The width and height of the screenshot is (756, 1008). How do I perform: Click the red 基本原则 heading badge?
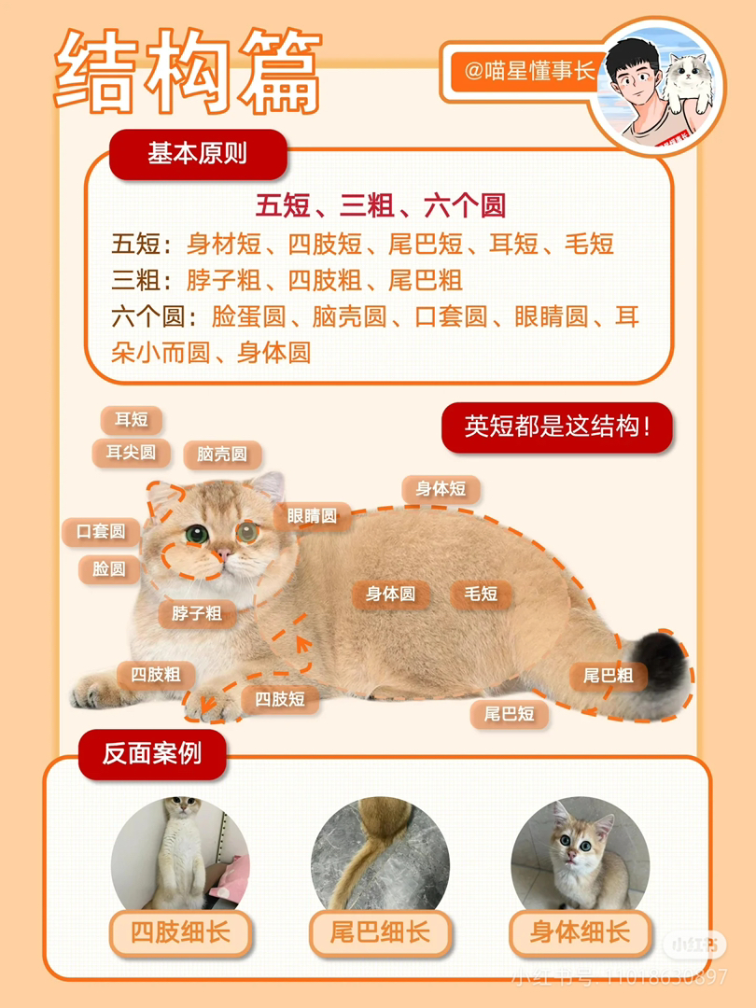coord(198,154)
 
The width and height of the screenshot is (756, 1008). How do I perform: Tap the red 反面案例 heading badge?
coord(152,754)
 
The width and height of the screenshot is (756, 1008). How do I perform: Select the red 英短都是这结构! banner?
coord(556,427)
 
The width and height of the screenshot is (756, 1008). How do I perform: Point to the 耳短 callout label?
coord(132,420)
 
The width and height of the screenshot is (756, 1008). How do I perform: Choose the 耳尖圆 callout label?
coord(132,453)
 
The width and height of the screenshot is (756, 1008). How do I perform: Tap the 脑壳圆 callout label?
coord(222,455)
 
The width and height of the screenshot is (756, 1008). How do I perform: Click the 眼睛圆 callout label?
coord(312,516)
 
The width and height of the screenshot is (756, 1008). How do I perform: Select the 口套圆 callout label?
coord(101,532)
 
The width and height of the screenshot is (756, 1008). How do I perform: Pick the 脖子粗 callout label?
coord(197,613)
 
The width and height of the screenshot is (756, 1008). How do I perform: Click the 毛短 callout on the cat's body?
coord(481,594)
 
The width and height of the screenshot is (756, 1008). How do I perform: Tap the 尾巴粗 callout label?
coord(609,676)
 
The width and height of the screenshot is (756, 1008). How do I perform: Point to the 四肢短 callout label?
coord(280,699)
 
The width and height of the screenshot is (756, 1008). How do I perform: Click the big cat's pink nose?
coord(224,553)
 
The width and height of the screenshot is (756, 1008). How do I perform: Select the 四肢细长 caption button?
coord(181,932)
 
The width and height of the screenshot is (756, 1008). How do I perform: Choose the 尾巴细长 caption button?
coord(380,932)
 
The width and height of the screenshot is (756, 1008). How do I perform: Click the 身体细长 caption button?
coord(580,932)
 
